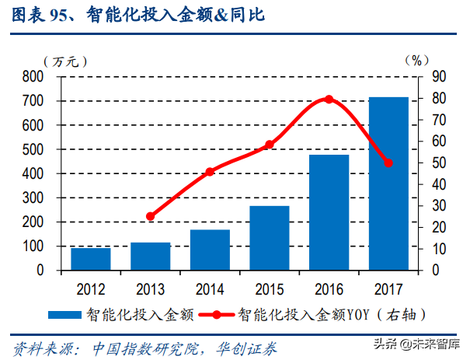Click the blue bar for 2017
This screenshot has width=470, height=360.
tap(388, 183)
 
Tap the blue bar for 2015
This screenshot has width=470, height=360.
tap(270, 238)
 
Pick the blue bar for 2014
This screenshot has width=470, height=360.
tap(210, 250)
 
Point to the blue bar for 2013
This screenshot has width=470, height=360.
tap(150, 257)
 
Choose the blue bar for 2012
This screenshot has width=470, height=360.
tap(91, 259)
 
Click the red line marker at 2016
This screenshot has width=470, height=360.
tap(329, 100)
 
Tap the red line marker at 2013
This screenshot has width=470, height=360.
tap(150, 216)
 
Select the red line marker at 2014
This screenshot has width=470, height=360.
tap(210, 172)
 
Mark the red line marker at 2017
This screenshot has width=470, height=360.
tap(388, 163)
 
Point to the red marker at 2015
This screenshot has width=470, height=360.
tap(270, 145)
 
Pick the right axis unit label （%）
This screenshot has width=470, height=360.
tap(417, 60)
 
